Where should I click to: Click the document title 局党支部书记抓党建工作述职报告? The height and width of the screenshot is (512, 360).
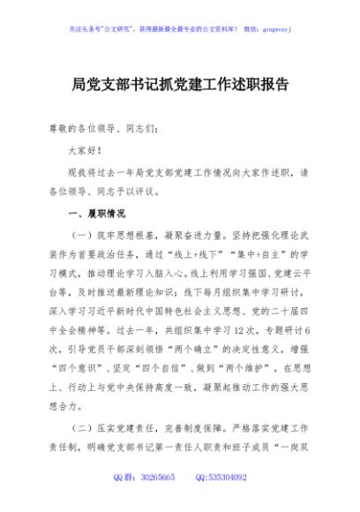180,88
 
